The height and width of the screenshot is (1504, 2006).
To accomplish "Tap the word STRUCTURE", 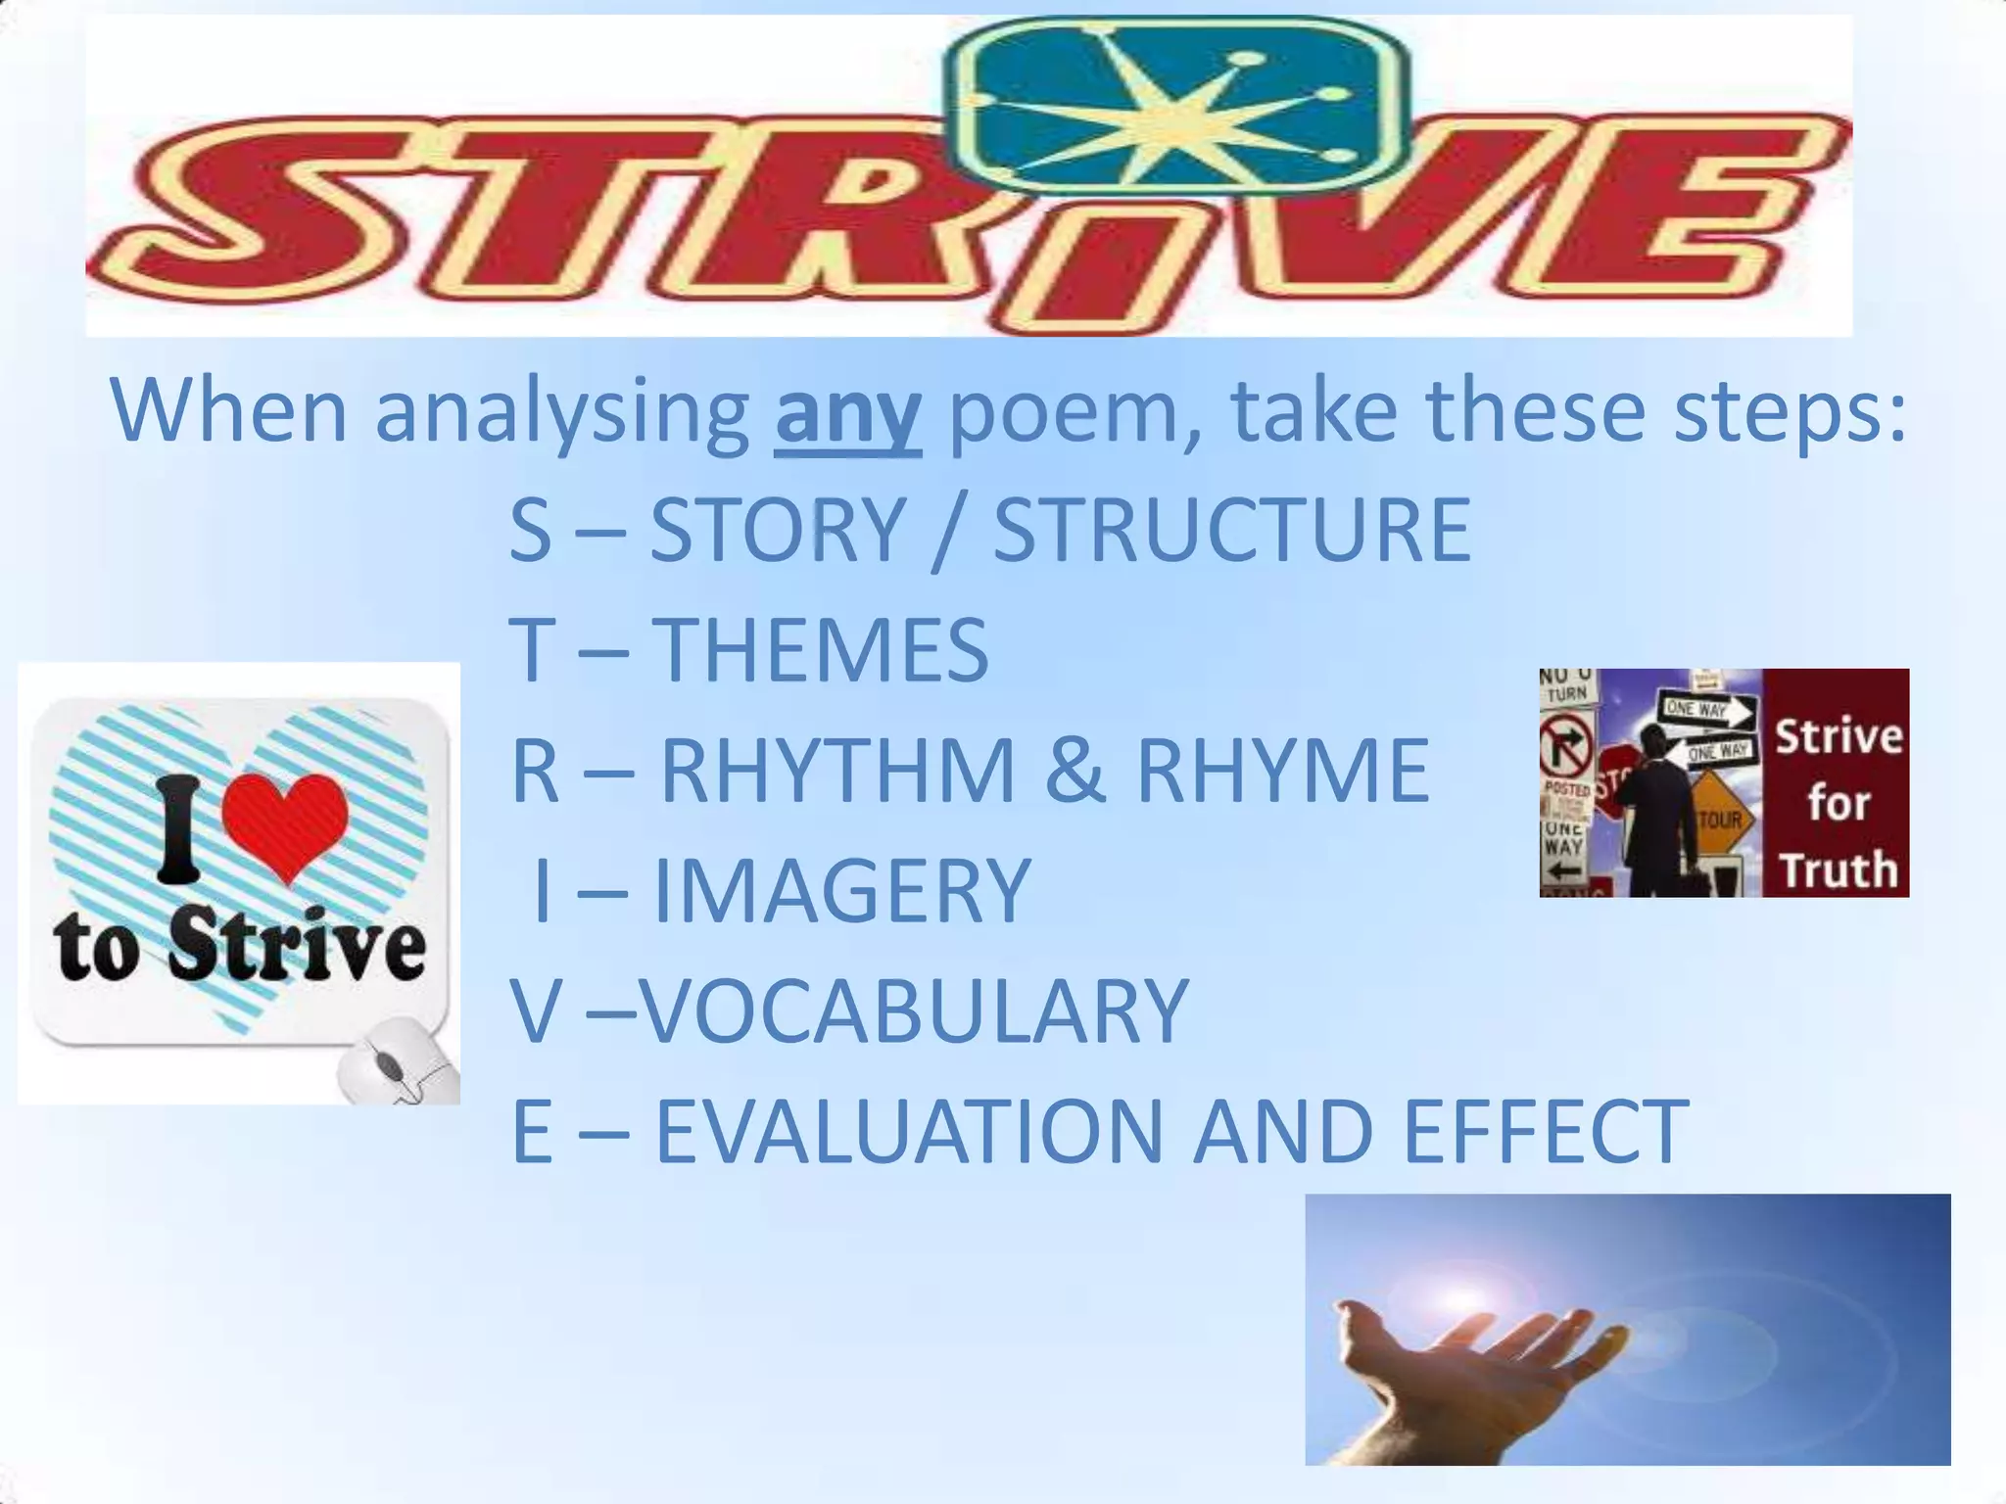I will click(1232, 531).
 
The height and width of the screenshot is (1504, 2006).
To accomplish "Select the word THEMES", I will click(820, 650).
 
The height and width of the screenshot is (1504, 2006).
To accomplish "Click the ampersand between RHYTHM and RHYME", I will click(1075, 772).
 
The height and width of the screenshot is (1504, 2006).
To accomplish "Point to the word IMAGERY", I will click(841, 891).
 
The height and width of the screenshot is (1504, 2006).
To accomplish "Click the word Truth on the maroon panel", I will click(1838, 869).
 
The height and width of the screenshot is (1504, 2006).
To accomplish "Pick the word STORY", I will click(777, 531).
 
